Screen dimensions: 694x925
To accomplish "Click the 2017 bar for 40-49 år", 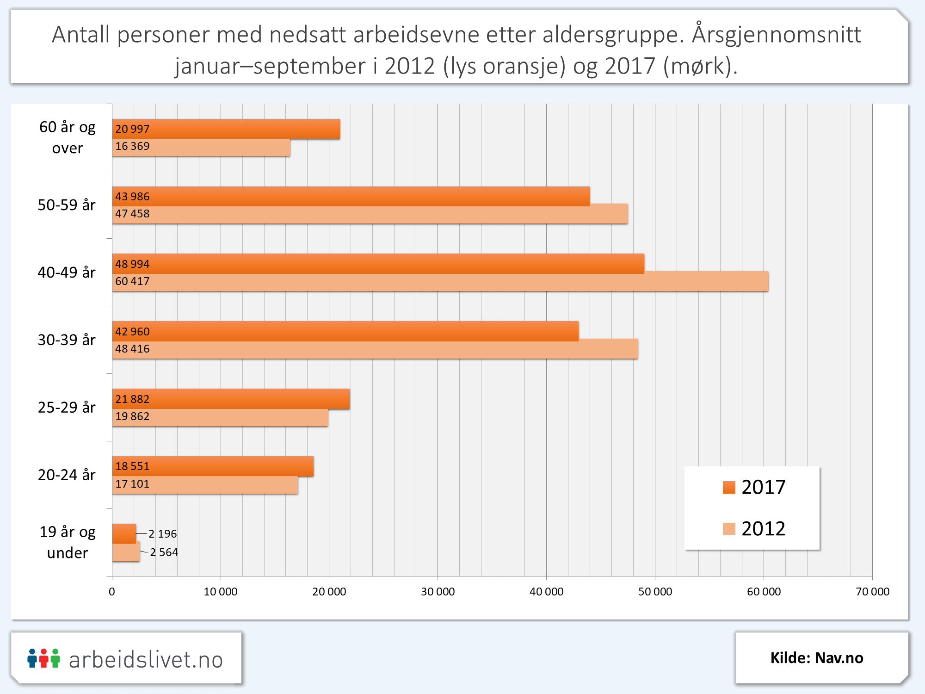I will coord(378,264).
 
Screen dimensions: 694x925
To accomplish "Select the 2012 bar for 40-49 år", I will coord(440,282).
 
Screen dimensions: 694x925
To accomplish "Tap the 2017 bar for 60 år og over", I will coord(226,129).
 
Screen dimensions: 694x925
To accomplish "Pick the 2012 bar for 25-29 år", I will coord(220,417).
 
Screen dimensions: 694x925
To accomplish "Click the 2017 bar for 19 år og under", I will coord(123,533).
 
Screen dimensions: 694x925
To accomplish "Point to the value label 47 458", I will coord(132,214).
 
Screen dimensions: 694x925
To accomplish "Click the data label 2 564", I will coord(164,552).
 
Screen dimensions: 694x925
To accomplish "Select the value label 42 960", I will coord(132,332).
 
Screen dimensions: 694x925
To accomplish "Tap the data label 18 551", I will coord(132,466).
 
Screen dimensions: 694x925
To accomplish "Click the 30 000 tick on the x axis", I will coord(438,592).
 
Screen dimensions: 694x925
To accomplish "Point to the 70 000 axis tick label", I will coord(872,592).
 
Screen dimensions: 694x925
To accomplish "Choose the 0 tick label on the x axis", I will coord(112,592).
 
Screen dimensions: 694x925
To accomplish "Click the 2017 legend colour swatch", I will coord(729,488).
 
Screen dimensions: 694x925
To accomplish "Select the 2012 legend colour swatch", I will coord(729,529).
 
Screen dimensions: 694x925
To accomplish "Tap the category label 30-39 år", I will coord(67,340).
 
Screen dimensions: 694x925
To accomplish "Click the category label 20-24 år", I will coord(67,475).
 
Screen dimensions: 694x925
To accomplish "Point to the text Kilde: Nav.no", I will coord(817,658).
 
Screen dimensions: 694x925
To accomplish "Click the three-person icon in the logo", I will coord(43,658).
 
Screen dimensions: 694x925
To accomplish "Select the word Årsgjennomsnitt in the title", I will coord(777,35).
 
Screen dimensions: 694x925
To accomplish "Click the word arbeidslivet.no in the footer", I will coord(146,660).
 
